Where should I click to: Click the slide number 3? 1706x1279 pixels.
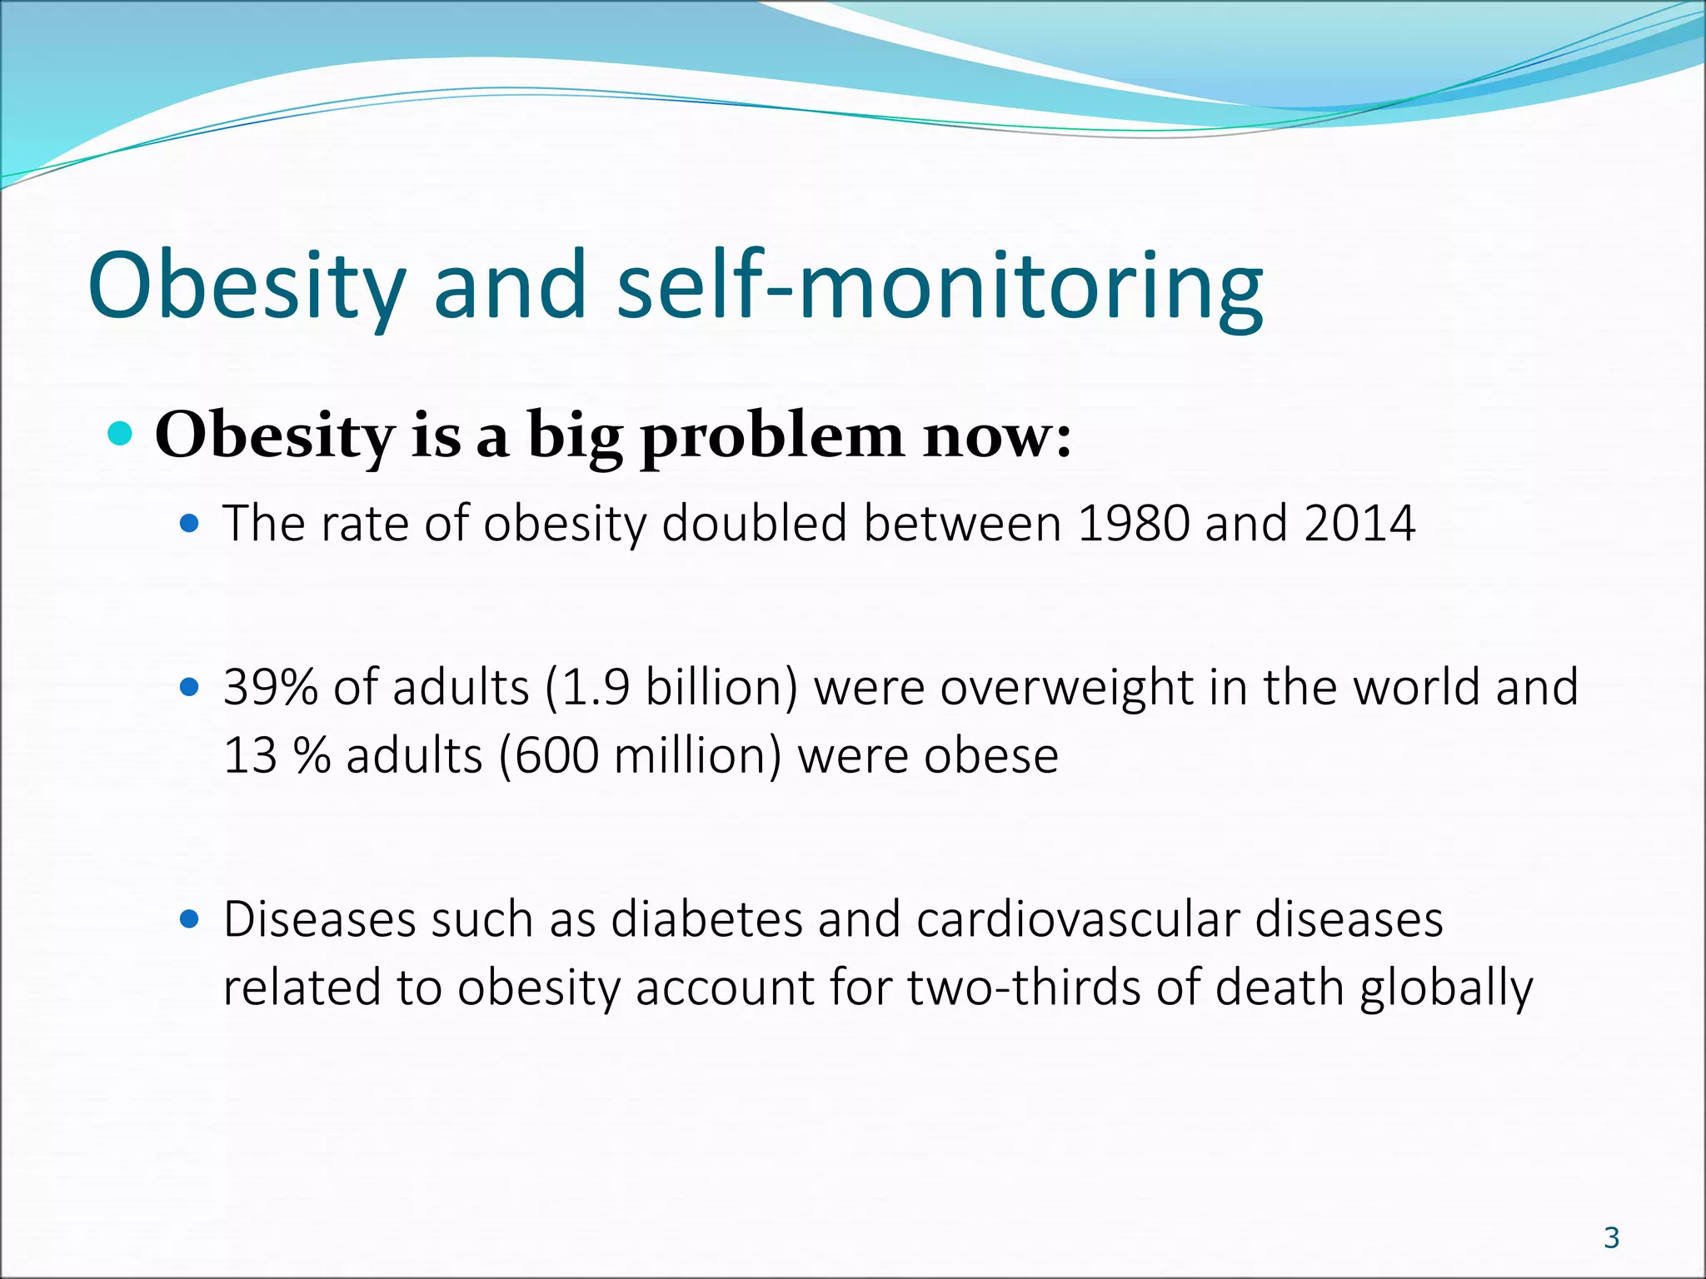click(1611, 1237)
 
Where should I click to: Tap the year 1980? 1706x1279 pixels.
click(1133, 524)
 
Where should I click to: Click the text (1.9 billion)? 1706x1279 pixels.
click(671, 688)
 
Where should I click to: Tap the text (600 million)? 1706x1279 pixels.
click(641, 756)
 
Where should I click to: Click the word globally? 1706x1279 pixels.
click(1446, 988)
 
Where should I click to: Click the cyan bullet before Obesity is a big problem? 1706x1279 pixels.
click(121, 434)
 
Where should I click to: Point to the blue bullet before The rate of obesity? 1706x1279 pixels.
click(190, 524)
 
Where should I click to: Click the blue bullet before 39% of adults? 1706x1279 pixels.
click(190, 688)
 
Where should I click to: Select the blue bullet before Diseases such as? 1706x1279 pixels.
click(190, 919)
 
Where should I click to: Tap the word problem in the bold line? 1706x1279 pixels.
click(772, 436)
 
